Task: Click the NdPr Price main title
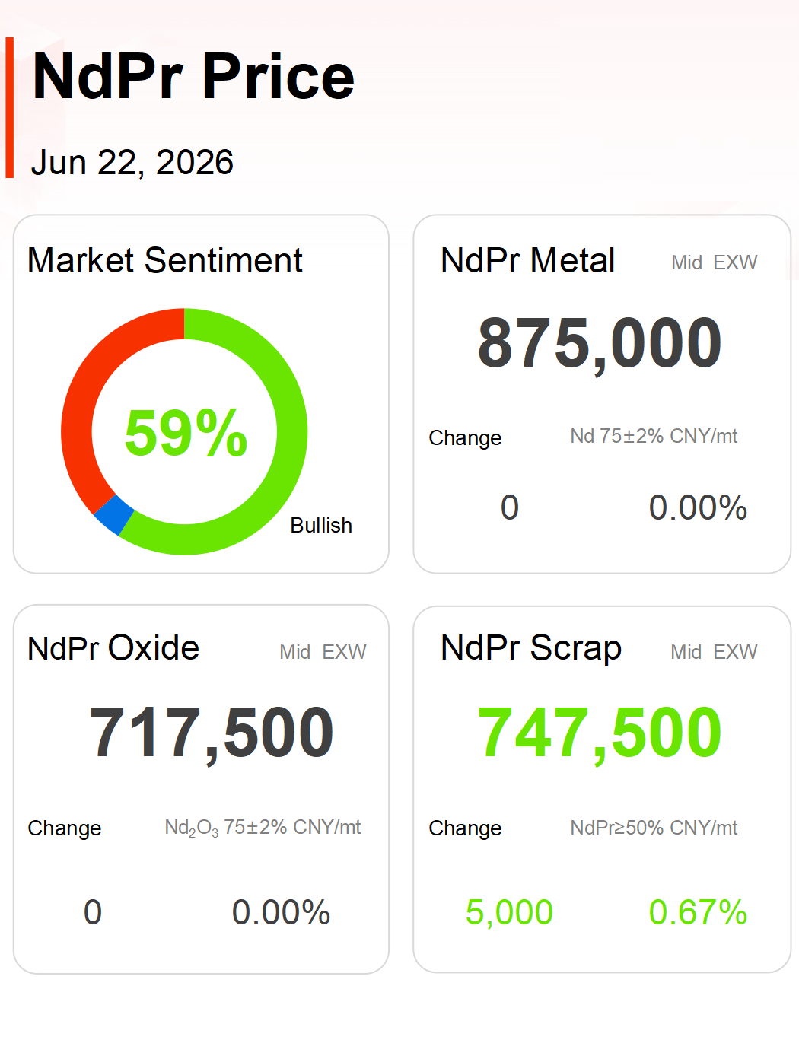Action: pos(193,76)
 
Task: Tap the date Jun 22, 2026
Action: pos(132,162)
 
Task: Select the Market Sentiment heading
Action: pos(165,260)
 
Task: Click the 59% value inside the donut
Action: pos(186,432)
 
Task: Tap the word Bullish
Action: pos(321,526)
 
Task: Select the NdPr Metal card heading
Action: pos(528,260)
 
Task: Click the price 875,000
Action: pos(600,344)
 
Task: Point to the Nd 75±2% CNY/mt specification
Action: pos(654,436)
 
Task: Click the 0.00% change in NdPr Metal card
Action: pos(698,507)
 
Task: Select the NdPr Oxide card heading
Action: pos(113,648)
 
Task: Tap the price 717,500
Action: pos(212,733)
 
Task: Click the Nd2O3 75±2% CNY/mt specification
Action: pos(263,828)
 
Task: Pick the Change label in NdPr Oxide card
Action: pos(65,828)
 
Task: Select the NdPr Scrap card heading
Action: pos(531,648)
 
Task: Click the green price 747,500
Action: pos(600,733)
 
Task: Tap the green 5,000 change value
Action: pos(509,913)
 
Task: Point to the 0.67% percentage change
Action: pos(698,912)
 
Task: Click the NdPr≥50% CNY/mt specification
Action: pos(654,828)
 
